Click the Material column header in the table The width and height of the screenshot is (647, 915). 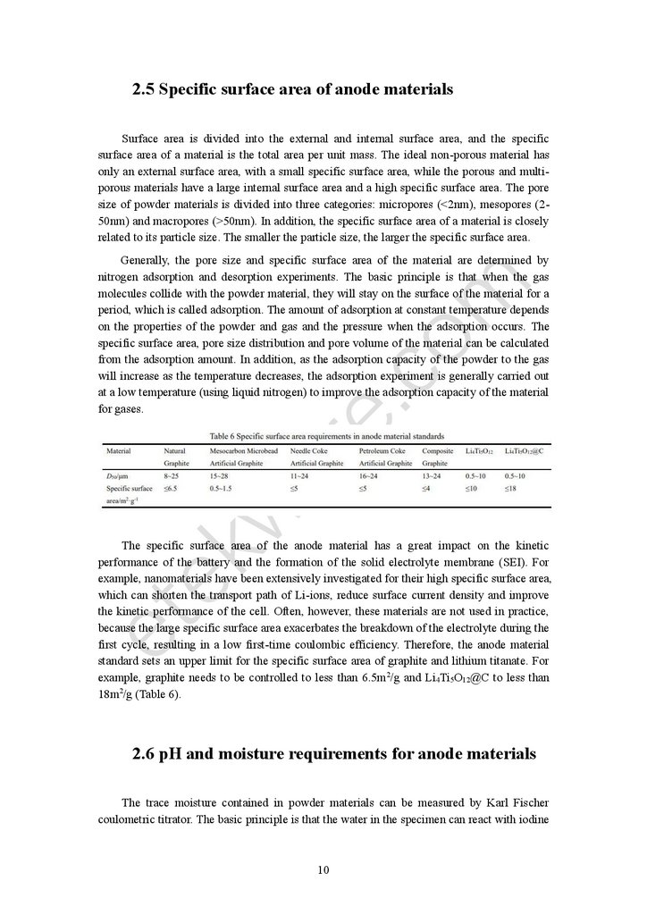119,451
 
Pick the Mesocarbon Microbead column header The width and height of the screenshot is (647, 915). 243,451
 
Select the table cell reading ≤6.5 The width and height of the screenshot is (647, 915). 172,489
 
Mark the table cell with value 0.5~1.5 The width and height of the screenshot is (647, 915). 221,489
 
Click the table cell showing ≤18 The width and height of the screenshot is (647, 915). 509,489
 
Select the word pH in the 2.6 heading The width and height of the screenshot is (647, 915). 171,754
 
